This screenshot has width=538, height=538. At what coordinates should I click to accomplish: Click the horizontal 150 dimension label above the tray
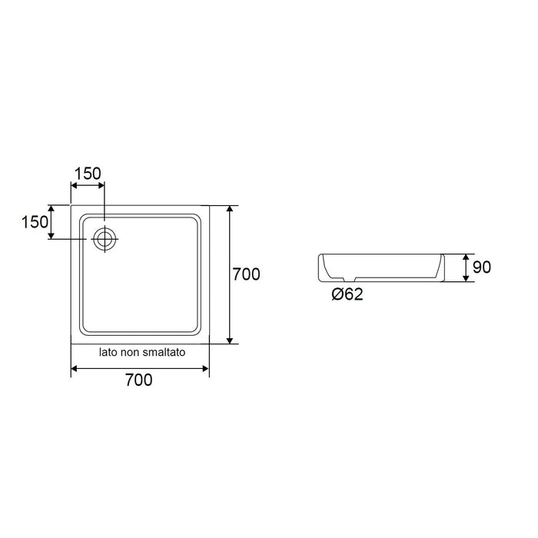(x=88, y=174)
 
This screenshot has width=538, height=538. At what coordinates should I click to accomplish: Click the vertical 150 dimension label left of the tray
(x=35, y=222)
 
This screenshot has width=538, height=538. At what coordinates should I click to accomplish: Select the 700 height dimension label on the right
(x=247, y=274)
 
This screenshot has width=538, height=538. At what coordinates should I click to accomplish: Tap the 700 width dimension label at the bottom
(x=138, y=380)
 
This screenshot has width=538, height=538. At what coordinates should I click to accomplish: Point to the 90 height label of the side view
(x=482, y=267)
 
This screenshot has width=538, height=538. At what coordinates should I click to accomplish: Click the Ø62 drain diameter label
(x=347, y=294)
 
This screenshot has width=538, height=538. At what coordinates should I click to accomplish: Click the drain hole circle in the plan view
(x=105, y=239)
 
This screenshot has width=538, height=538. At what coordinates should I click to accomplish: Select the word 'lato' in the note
(x=108, y=352)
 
